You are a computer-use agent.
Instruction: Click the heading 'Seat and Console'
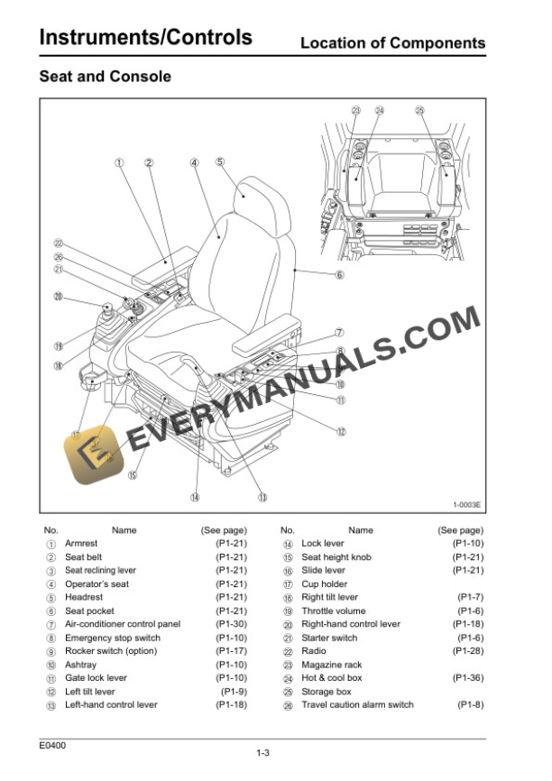tap(105, 77)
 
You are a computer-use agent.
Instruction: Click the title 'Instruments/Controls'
tap(145, 38)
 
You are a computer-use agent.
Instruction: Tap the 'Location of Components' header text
tap(392, 42)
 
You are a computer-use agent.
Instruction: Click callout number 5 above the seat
tap(219, 162)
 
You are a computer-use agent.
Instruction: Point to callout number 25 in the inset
tap(419, 111)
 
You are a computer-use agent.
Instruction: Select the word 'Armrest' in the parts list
tap(80, 544)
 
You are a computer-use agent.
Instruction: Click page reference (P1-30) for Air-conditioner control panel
tap(231, 624)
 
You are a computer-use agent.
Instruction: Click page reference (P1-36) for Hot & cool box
tap(467, 678)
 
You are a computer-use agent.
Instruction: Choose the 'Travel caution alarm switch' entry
tap(357, 704)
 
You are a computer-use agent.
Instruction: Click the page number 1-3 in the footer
tap(264, 753)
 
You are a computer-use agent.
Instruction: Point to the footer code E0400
tap(52, 745)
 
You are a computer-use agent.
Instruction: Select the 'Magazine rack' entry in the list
tap(331, 665)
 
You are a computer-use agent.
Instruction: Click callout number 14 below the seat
tap(195, 496)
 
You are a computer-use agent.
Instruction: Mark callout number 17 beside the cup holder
tap(76, 434)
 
